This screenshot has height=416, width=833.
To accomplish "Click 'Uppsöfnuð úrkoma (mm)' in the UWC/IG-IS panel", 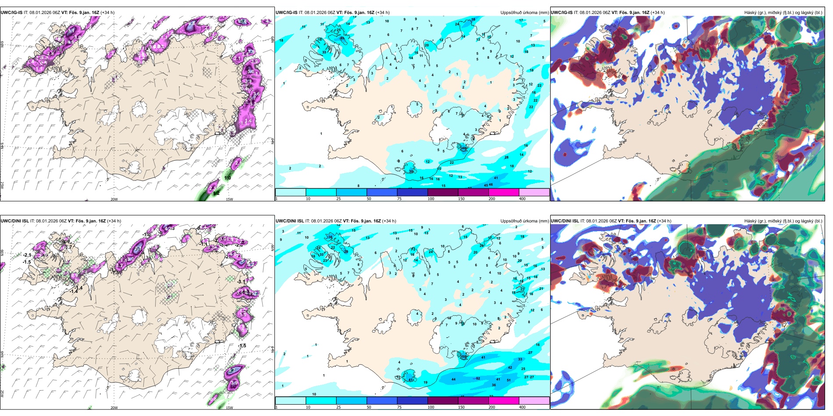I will click(x=524, y=13).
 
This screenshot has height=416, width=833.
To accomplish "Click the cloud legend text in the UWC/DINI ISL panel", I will click(x=783, y=221).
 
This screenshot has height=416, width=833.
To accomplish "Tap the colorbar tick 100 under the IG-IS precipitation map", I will click(x=431, y=199).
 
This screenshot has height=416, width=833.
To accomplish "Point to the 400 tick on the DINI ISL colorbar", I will click(x=522, y=407).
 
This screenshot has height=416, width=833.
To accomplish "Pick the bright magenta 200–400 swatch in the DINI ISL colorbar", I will click(x=503, y=401).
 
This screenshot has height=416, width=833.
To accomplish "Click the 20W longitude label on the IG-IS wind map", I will click(x=114, y=199).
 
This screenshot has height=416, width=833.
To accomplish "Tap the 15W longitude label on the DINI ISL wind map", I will click(x=229, y=408).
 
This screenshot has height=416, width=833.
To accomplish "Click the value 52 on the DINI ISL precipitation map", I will click(x=478, y=378).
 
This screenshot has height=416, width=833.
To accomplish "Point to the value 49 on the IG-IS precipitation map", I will click(x=342, y=39).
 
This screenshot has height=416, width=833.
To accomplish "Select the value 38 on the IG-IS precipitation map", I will click(x=473, y=20).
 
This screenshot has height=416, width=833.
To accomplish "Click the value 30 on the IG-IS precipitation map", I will click(x=411, y=172).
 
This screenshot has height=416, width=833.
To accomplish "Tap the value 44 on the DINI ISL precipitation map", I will click(x=453, y=380).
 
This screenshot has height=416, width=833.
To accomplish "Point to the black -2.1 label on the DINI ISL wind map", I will click(x=28, y=255).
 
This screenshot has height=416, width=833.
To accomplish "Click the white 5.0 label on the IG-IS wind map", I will click(x=251, y=71).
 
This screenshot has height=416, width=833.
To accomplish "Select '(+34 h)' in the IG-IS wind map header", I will click(x=107, y=13).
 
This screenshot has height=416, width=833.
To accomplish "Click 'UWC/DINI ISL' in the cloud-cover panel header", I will click(x=565, y=221).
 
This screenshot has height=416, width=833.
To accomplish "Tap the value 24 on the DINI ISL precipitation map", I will click(x=431, y=252).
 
